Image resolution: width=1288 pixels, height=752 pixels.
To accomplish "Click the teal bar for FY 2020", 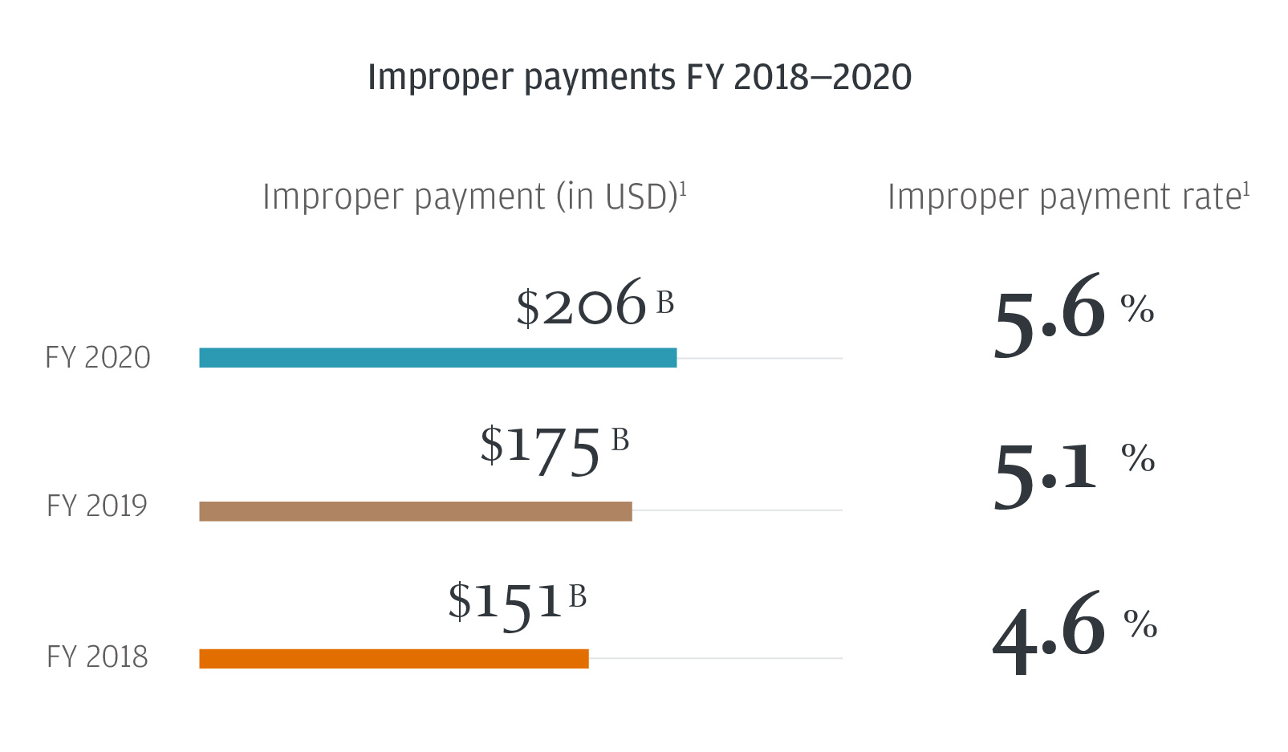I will [437, 358].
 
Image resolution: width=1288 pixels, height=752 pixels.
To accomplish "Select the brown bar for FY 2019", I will [415, 511].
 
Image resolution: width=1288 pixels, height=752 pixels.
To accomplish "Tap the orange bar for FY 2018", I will [393, 659].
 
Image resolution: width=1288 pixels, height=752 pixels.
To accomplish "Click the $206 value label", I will [581, 304].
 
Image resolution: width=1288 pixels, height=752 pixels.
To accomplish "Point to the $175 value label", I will [540, 449].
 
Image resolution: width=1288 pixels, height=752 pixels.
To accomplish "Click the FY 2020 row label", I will [98, 358].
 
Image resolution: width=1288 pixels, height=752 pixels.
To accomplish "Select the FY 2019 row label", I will [97, 506].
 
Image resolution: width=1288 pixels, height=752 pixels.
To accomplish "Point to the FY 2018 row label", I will [97, 657].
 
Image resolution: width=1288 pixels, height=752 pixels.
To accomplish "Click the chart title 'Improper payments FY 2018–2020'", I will [640, 78].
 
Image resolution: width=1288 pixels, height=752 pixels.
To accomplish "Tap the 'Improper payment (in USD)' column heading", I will [473, 197].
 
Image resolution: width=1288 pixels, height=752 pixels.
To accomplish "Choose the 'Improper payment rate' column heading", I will [1068, 197].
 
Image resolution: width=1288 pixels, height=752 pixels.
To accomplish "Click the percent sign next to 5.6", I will [1137, 308].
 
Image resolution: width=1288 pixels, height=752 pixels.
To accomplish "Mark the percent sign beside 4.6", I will [1140, 624].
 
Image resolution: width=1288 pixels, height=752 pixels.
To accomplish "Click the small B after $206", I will [665, 303].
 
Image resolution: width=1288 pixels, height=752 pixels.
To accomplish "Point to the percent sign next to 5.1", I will [1138, 457].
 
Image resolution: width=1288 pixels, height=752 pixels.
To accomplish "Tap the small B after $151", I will [578, 597].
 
